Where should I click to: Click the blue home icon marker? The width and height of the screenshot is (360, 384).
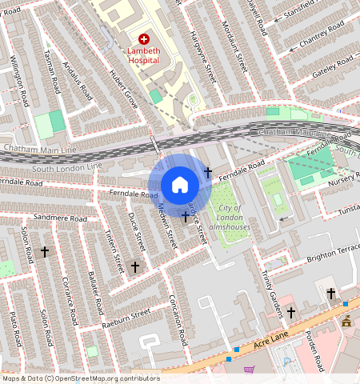pos(180,185)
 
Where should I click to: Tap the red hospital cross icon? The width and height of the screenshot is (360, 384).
pos(144,38)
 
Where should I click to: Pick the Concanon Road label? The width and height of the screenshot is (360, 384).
pos(178,315)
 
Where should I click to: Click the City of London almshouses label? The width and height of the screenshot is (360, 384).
pos(230,218)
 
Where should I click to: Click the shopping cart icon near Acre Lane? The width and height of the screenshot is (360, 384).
pos(249,370)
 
